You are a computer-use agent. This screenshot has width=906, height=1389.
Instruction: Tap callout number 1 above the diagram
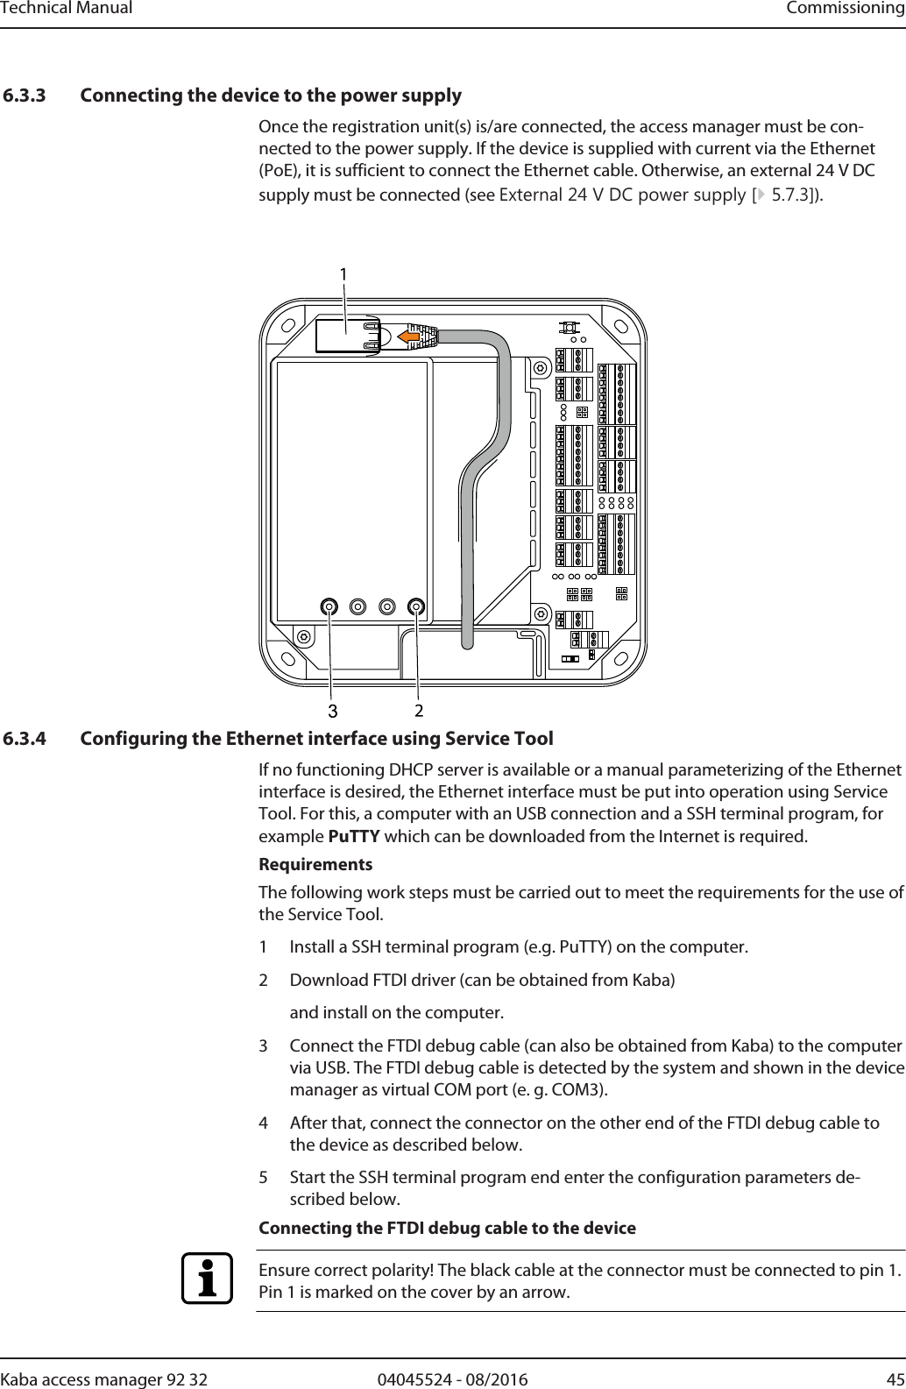(x=344, y=274)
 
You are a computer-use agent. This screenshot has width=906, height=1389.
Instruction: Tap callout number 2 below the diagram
(x=419, y=707)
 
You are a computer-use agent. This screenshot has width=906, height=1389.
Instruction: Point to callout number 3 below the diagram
(x=332, y=707)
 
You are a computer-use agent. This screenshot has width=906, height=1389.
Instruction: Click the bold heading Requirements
(x=315, y=865)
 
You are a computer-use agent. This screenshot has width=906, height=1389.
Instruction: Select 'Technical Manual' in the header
(x=67, y=9)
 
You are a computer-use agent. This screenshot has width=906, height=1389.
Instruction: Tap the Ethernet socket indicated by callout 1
(x=349, y=336)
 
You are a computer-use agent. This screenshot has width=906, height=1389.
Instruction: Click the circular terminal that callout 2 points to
(x=416, y=606)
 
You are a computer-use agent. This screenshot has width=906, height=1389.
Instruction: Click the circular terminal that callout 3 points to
(x=329, y=606)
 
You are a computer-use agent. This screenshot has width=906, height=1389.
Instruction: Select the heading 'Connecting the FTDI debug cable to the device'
(x=448, y=1228)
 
